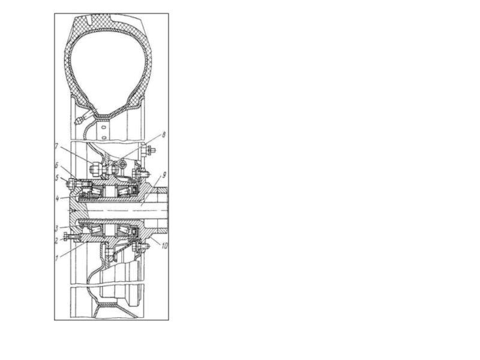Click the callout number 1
[x=56, y=258]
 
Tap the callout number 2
[x=56, y=241]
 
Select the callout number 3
[x=56, y=229]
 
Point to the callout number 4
[x=57, y=199]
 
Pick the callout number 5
[x=57, y=178]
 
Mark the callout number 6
[x=56, y=166]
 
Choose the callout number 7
[x=56, y=146]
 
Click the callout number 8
[x=164, y=134]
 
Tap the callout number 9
[x=164, y=175]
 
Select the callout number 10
[x=164, y=246]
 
